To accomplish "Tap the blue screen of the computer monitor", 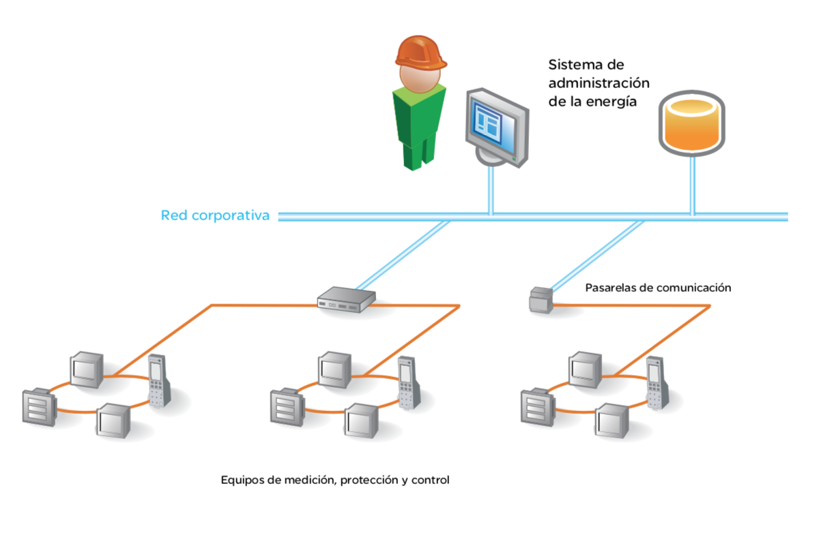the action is click(493, 125).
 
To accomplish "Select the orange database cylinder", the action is click(692, 123).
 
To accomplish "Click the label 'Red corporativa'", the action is click(215, 215).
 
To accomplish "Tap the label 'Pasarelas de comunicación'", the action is click(658, 288).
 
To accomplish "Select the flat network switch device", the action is click(346, 299).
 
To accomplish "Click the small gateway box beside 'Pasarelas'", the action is click(541, 300).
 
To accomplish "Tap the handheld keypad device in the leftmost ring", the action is click(159, 380).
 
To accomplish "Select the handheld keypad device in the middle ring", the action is click(409, 382).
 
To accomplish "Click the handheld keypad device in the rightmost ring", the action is click(658, 382).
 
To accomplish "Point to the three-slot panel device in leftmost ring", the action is click(39, 407).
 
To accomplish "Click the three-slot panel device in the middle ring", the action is click(287, 407).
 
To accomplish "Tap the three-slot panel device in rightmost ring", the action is click(538, 407).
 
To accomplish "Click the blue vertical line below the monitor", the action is click(491, 190).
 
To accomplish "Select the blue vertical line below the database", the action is click(692, 185).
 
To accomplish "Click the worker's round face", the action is click(420, 78).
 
